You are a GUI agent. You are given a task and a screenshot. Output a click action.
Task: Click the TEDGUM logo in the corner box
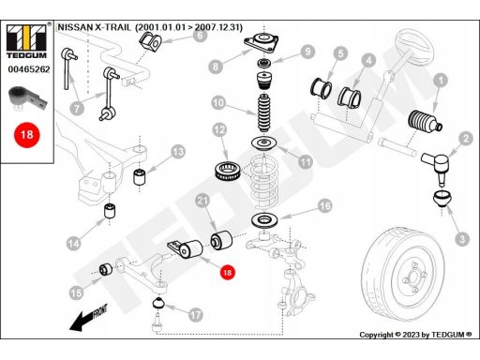coord(26,41)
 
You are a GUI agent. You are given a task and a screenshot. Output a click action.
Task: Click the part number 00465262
coord(29,69)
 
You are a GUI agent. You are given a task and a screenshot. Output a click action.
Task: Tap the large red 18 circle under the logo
coord(27,135)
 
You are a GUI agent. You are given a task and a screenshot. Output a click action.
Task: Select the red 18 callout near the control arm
coord(228,273)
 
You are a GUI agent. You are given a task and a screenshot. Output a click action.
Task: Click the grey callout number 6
coord(200,35)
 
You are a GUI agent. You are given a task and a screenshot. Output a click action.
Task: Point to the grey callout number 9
coord(307,52)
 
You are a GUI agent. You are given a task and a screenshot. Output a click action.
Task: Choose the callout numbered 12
coord(219,130)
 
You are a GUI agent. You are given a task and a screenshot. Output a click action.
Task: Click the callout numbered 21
coord(202,201)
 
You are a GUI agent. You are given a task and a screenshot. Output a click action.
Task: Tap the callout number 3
coord(462,239)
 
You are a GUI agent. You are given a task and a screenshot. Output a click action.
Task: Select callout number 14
coord(74,244)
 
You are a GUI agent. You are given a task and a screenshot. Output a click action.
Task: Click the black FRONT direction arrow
coord(88,318)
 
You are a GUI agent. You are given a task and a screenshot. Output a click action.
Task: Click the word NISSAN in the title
coord(75,27)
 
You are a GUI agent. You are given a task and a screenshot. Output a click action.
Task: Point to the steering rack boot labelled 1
coord(425,121)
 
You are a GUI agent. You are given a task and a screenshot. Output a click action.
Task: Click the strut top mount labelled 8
coord(262,42)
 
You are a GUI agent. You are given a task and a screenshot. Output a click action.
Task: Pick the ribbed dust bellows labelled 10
coord(264,112)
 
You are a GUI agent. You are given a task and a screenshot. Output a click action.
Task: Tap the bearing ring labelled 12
coord(228,171)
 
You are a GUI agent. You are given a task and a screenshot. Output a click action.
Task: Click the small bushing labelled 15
coord(106,270)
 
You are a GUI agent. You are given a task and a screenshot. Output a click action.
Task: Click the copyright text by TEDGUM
coord(415,335)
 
